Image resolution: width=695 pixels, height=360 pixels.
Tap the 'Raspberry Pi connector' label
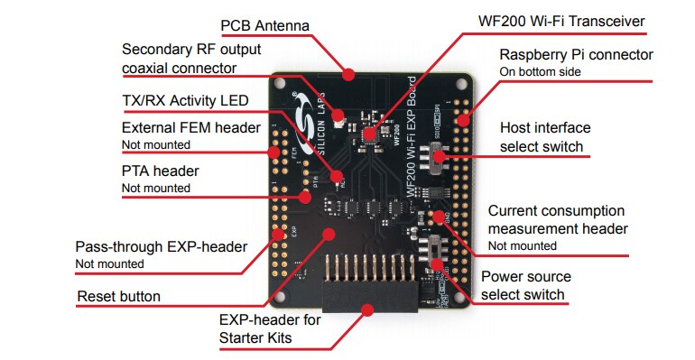[576, 55]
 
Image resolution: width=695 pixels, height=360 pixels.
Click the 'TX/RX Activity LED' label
[184, 100]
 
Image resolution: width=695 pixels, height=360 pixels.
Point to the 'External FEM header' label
[190, 127]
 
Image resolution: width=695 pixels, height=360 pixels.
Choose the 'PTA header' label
[160, 171]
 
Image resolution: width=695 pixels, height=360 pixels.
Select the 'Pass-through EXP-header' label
[161, 246]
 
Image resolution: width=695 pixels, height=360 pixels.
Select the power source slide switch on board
[438, 246]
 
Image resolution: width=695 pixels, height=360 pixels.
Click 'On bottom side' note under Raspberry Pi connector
[540, 71]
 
